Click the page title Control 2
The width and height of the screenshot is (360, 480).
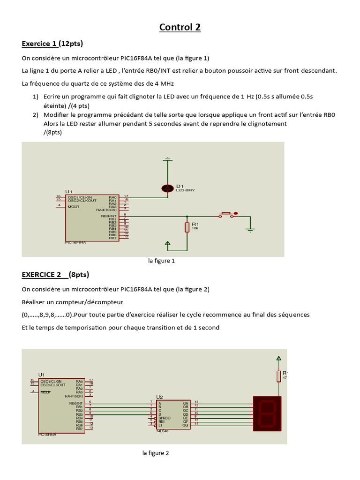pos(180,27)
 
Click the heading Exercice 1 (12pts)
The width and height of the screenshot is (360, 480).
pos(52,44)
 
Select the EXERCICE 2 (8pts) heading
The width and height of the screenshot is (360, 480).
pos(55,274)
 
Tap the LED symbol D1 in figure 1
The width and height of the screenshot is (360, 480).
pos(167,188)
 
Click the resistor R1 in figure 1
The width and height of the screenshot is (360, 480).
pos(187,227)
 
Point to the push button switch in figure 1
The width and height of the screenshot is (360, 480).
pos(227,214)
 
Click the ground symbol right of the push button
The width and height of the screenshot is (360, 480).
pos(250,229)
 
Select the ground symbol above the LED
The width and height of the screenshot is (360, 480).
pos(167,159)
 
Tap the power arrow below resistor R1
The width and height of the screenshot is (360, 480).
pos(167,243)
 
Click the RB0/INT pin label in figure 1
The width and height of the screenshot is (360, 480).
pos(109,216)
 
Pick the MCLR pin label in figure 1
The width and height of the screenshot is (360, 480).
pos(73,206)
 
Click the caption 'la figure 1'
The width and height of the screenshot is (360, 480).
pos(161,261)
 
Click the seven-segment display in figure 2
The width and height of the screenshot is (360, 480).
pos(267,413)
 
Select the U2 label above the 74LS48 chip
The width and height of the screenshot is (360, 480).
pos(159,396)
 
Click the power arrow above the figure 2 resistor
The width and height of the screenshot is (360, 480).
pos(278,359)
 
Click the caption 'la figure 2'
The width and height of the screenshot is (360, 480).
pos(156,453)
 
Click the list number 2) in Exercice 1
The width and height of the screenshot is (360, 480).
pos(36,114)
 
